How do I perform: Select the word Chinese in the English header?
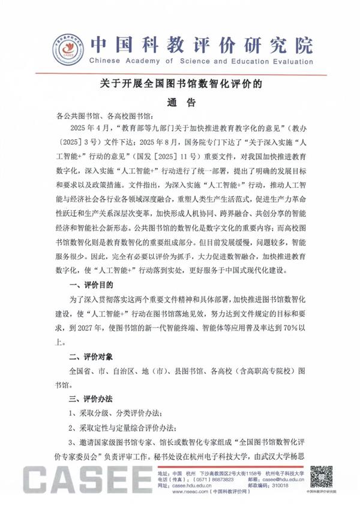107,61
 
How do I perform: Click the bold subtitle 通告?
180,103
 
